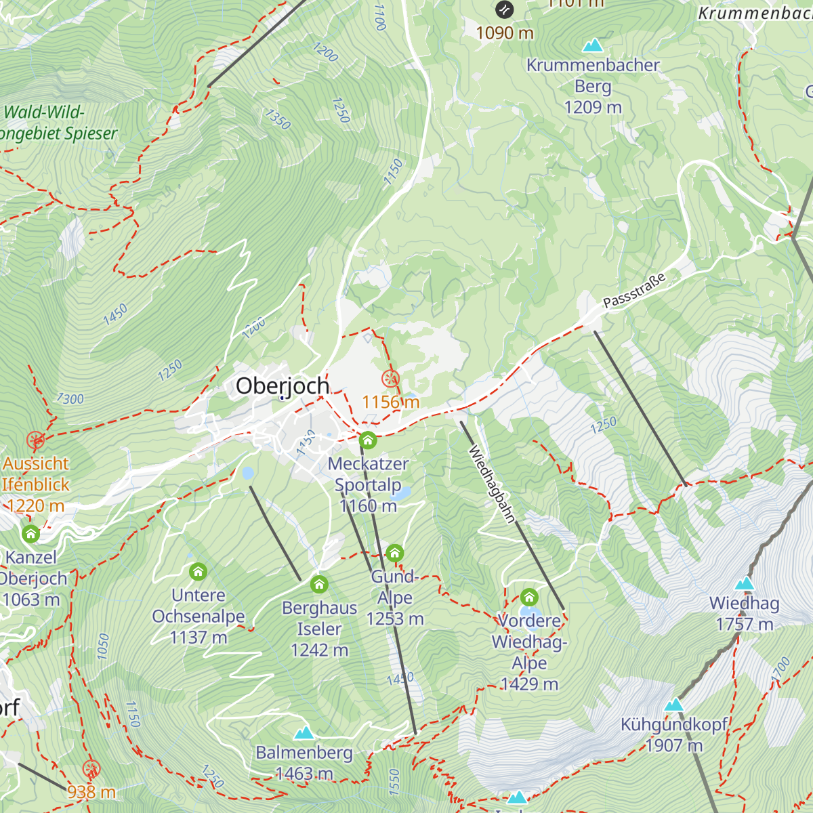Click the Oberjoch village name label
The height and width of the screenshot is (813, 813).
[283, 386]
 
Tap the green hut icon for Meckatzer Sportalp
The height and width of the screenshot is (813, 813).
[368, 440]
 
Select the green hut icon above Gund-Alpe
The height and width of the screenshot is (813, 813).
[395, 554]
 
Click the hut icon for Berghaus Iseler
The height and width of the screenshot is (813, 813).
[319, 584]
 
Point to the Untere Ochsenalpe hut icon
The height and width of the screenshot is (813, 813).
[198, 572]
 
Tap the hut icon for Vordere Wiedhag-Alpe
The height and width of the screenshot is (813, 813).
[529, 598]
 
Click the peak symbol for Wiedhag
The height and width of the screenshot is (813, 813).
[745, 583]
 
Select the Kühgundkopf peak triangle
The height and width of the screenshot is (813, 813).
[673, 705]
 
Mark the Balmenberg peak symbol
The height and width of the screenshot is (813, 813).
[304, 733]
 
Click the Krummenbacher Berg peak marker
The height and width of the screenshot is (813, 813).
[593, 45]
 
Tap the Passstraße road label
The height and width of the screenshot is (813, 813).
[635, 290]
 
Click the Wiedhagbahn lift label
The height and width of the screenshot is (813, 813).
[493, 484]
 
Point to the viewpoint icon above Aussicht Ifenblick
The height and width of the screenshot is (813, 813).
[36, 441]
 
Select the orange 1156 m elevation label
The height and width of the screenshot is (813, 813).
[390, 402]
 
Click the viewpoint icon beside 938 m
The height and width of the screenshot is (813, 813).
[91, 769]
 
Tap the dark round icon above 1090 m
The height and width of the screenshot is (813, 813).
[505, 9]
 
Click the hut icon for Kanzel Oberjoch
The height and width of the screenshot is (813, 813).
[30, 534]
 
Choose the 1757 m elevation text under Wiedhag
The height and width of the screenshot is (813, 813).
[745, 624]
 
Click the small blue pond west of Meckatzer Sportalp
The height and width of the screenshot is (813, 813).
[247, 473]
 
